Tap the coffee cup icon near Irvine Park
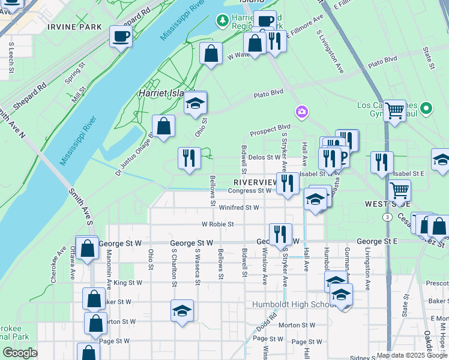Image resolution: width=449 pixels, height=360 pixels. (x=121, y=36)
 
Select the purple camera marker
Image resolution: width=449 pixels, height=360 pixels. (x=301, y=112)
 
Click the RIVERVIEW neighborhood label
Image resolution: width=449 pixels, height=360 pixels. (x=254, y=182)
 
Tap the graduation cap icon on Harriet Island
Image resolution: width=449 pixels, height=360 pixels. (x=195, y=104)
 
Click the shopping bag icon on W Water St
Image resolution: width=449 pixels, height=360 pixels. (x=211, y=54)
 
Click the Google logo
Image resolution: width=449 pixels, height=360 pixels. (x=20, y=352)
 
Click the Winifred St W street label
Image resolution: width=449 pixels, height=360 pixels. (x=239, y=208)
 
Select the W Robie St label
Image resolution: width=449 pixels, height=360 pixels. (x=217, y=224)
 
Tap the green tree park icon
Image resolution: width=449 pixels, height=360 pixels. (x=223, y=21)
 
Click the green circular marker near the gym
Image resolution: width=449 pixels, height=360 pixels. (x=426, y=109)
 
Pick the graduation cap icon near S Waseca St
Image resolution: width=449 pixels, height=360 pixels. (x=182, y=311)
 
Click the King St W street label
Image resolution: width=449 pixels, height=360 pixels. (x=128, y=283)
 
